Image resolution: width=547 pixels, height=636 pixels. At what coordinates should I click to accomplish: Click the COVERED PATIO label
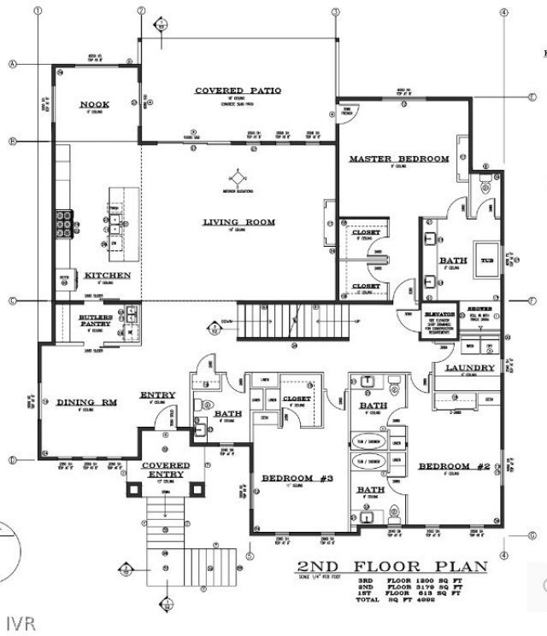tap(238, 90)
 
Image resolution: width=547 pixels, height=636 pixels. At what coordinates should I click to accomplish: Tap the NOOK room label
tap(95, 105)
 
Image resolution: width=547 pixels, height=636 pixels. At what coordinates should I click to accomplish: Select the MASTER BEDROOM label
tap(398, 160)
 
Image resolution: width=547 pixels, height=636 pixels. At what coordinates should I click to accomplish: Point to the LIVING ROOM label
tap(238, 223)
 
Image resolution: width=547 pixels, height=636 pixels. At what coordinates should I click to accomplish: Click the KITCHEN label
tap(107, 276)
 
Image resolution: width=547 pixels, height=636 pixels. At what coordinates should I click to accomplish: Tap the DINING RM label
tap(86, 403)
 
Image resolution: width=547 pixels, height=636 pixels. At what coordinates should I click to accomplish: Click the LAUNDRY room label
tap(470, 368)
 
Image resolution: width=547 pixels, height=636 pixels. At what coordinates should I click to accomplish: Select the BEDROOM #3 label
tap(292, 477)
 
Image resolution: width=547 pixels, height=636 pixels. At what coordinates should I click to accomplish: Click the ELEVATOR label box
tap(438, 315)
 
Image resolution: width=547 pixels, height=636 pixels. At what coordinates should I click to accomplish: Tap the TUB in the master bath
tap(487, 261)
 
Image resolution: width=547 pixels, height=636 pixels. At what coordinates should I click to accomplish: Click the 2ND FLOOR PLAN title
tap(392, 567)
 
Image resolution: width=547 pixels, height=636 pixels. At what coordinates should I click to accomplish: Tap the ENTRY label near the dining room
tap(158, 395)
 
